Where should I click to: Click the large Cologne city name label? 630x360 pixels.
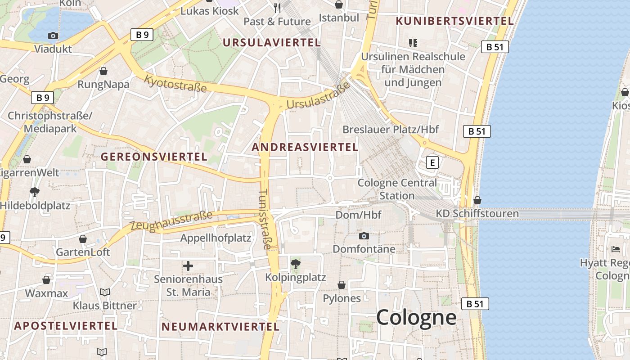416,318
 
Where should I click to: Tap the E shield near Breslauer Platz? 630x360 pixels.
432,162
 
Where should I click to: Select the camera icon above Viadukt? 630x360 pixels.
53,36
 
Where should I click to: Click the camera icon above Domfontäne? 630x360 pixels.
364,236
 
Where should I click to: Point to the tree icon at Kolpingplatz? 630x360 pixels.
296,264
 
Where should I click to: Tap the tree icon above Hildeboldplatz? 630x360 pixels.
34,192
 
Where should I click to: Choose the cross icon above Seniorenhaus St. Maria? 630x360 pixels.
188,266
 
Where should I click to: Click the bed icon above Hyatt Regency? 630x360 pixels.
616,249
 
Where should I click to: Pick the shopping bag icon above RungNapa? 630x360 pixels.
103,71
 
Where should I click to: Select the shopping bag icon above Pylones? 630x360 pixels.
342,285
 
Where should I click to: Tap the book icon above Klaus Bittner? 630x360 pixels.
105,292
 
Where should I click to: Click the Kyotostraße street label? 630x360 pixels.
175,84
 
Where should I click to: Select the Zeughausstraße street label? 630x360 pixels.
171,221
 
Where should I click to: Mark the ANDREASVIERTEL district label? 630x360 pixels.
305,147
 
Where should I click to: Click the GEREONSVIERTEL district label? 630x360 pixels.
154,157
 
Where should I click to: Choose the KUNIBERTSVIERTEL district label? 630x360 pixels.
454,21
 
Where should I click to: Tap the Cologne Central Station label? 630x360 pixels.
397,189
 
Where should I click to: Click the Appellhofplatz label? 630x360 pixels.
216,238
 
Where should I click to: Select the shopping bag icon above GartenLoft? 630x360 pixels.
83,239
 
